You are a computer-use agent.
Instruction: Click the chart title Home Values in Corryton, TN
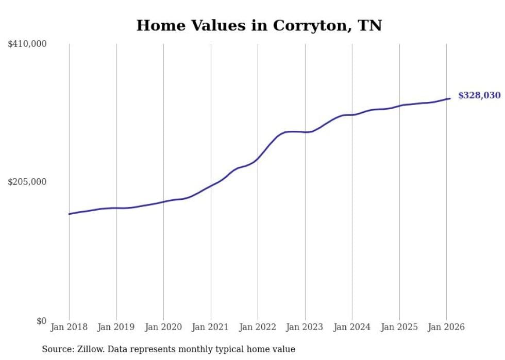259,25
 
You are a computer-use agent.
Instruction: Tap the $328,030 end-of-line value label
479,95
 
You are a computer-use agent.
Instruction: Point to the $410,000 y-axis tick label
27,44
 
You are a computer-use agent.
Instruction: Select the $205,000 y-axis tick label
27,182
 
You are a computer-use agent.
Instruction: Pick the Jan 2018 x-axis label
69,327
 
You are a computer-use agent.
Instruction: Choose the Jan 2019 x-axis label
116,327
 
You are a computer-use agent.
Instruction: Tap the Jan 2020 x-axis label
163,327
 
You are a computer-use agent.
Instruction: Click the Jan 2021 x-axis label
210,327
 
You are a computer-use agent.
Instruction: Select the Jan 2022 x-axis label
258,327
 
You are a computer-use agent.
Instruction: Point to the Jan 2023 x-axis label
305,327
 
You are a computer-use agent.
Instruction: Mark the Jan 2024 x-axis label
352,327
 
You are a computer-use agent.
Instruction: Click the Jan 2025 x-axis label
399,327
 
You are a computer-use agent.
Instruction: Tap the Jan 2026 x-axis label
446,327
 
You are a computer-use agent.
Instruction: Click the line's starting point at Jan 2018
70,214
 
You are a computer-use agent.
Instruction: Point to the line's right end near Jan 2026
450,98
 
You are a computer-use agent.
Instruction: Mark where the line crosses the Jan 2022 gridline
258,159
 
